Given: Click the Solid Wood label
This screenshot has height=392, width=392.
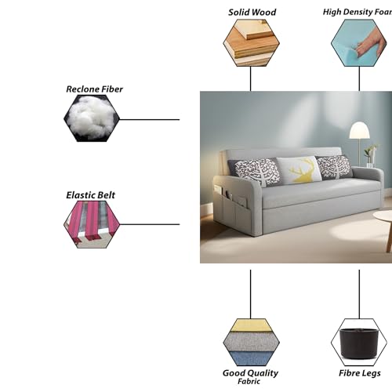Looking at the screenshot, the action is coord(252,13).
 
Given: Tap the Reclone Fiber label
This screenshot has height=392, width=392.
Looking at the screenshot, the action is coord(94,89).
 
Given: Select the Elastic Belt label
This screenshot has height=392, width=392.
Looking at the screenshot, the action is coord(90,195).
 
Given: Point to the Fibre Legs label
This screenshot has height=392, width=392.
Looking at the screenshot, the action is coord(360,373).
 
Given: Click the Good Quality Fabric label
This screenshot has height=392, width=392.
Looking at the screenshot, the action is coord(250,376).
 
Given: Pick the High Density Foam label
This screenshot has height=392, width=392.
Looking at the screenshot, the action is coord(358,12).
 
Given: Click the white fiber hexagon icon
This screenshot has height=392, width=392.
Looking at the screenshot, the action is coord(92,118).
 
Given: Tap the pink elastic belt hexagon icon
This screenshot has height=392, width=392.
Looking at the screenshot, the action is coord(92,224).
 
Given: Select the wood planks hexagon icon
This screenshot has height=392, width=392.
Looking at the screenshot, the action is coord(251,43).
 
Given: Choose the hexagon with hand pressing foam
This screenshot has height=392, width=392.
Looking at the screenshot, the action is coord(359,43).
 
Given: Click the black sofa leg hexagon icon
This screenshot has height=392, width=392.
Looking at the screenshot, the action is coord(359,343).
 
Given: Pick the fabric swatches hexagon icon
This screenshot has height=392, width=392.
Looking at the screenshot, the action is coord(251,343).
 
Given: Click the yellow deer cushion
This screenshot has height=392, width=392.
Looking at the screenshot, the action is coord(299,170).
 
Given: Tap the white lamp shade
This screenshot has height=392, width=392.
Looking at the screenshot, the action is coord(360,130).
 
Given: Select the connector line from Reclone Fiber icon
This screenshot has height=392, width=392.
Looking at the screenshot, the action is coord(150,120).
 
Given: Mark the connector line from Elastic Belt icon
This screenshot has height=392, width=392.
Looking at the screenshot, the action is coord(150,224).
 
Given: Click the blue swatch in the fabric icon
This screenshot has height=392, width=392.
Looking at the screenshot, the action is coord(251,358).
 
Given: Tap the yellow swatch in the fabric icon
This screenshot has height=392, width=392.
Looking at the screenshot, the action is coord(251,325).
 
